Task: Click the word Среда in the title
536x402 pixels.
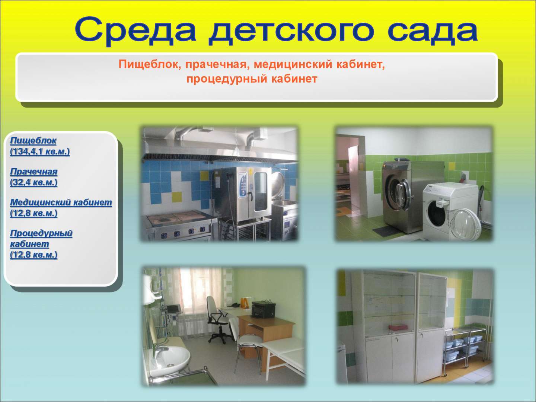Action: [x=135, y=31]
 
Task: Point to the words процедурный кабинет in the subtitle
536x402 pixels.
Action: [x=252, y=79]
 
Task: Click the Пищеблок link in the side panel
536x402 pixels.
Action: [x=33, y=141]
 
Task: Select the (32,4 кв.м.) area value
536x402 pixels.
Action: [x=34, y=182]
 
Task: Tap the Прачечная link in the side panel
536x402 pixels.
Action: [x=34, y=172]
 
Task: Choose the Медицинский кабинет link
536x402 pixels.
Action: [x=61, y=202]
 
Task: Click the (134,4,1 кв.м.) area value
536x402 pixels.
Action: [x=40, y=151]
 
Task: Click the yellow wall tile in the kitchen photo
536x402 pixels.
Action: [x=177, y=197]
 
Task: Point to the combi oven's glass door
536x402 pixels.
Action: [x=260, y=192]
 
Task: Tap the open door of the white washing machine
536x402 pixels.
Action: [x=465, y=224]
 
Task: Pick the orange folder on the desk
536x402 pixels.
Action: [x=247, y=304]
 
